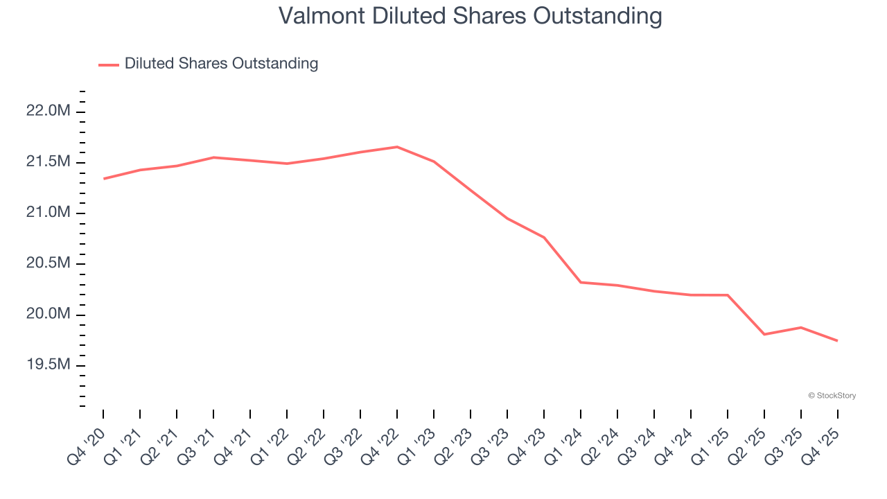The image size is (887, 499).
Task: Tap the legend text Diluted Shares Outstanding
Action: [221, 64]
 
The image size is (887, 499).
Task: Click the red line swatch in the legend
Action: [109, 64]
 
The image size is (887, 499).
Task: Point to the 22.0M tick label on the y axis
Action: [48, 111]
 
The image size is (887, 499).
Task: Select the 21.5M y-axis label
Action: [48, 162]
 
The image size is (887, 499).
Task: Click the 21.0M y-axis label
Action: [48, 213]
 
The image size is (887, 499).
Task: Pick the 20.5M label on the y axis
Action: [48, 264]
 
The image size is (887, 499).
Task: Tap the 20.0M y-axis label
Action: [48, 315]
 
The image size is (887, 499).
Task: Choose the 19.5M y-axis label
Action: [48, 365]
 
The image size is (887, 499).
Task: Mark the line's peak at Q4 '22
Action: [397, 147]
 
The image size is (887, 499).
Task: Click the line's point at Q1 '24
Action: [581, 282]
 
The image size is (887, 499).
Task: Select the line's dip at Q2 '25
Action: [764, 334]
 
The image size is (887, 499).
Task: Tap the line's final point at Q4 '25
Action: [837, 340]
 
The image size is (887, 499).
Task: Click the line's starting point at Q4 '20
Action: [103, 179]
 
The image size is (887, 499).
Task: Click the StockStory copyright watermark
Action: [832, 396]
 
